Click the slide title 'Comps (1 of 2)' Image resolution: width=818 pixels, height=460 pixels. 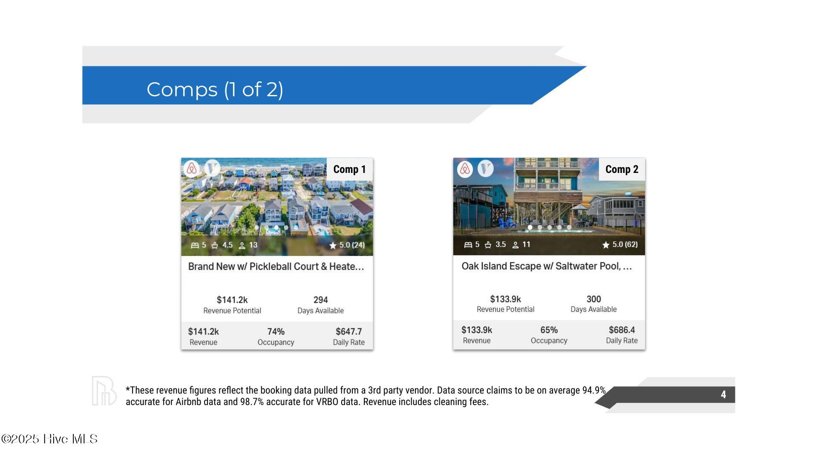[x=215, y=89]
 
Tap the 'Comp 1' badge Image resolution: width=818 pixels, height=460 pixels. [x=350, y=169]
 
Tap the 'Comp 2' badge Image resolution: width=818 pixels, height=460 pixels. [x=622, y=169]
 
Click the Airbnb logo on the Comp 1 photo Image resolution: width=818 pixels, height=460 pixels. [x=192, y=169]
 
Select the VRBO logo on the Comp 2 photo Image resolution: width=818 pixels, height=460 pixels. [x=485, y=169]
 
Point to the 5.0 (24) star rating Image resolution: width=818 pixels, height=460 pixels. [x=347, y=245]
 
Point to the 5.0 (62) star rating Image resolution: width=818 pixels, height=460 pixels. [x=620, y=244]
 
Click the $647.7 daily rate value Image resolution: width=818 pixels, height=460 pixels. [x=349, y=331]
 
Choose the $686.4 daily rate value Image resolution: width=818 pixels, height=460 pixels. [x=622, y=330]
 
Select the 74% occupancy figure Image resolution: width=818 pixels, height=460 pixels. [x=276, y=331]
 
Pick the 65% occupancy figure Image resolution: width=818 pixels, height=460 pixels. [x=549, y=330]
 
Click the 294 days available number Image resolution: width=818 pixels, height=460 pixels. [x=320, y=300]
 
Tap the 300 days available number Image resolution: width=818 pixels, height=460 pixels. [x=593, y=299]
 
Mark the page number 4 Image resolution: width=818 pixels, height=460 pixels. [x=723, y=395]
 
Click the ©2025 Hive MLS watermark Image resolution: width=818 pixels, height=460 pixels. [x=49, y=439]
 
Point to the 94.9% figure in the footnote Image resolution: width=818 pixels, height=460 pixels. [x=594, y=390]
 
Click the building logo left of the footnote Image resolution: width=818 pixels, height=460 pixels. [x=104, y=391]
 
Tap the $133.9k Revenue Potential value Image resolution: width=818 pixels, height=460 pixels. [x=505, y=299]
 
